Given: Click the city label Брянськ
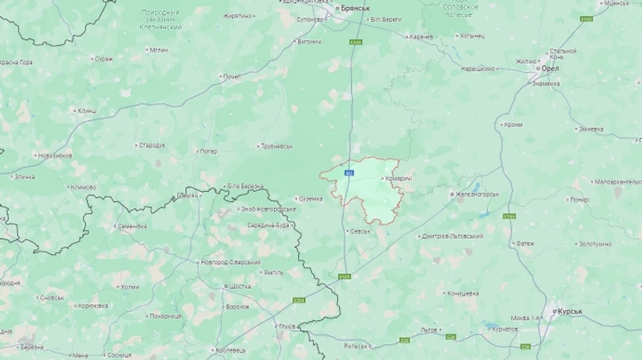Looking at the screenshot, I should (x=355, y=8).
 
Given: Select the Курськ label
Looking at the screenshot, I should (x=570, y=312).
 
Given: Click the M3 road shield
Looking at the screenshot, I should (x=349, y=173).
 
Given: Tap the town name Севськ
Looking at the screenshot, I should (x=360, y=231).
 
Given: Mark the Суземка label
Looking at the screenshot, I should (x=310, y=199).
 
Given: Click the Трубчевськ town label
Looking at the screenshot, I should (x=276, y=146).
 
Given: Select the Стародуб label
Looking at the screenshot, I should (x=151, y=145).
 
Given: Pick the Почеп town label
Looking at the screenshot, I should (x=232, y=76).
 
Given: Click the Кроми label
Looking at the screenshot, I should (x=512, y=125).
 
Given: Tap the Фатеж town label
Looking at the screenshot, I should (x=525, y=244).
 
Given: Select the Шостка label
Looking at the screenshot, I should (x=239, y=287).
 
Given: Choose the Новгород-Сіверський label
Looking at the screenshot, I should (x=230, y=262).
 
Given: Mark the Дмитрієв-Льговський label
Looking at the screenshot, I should (x=453, y=236).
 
